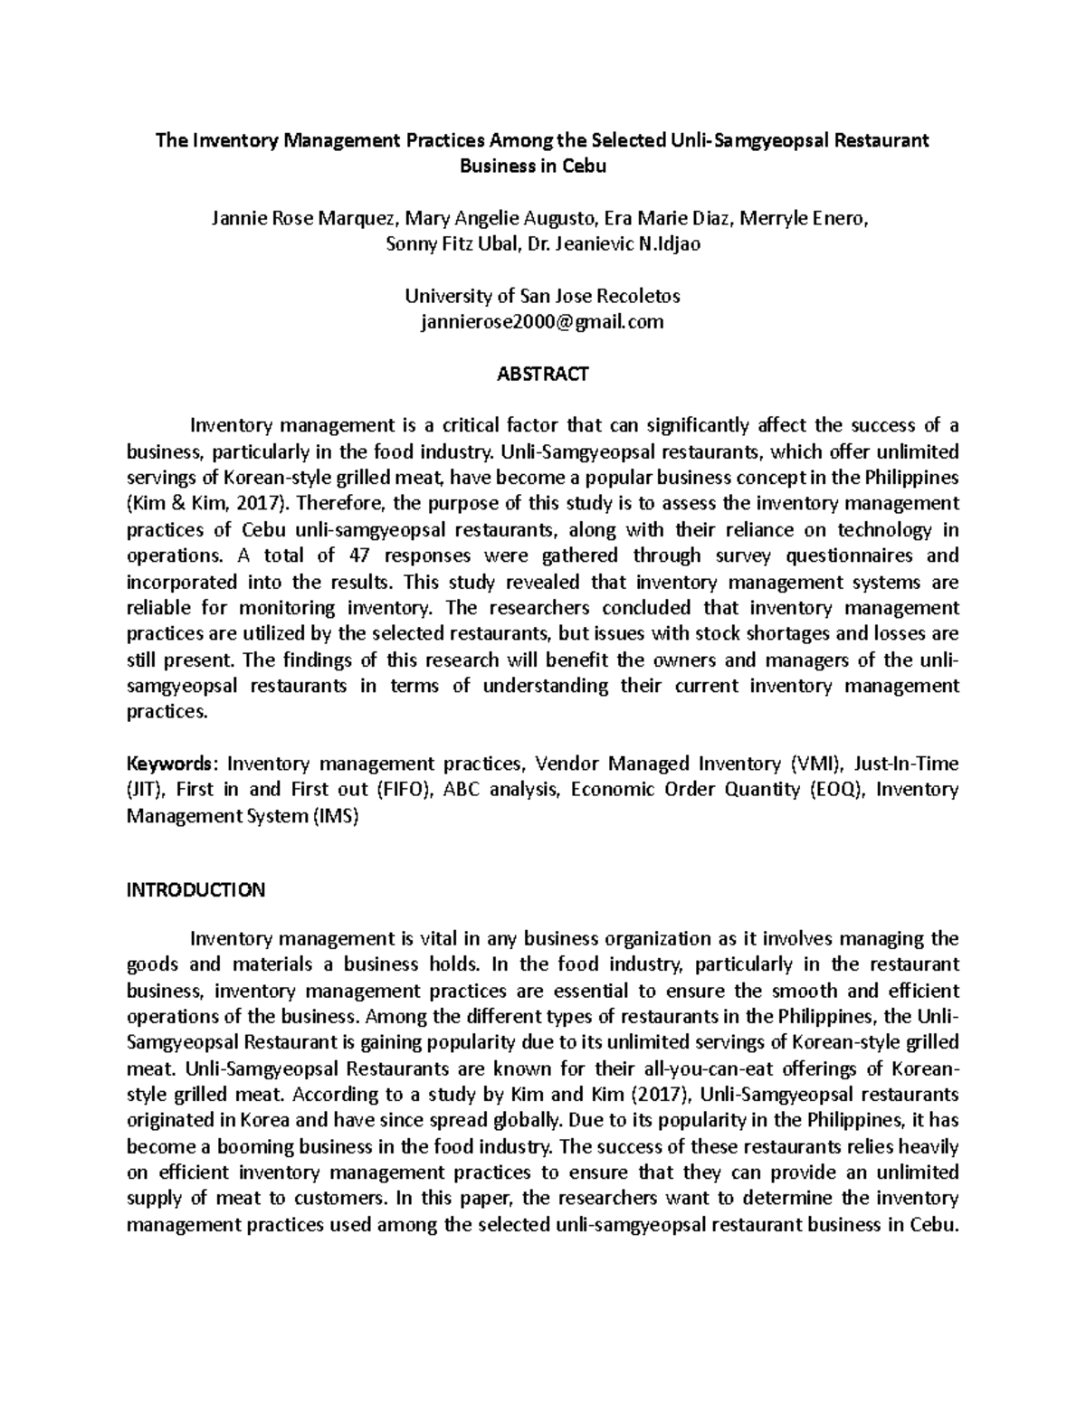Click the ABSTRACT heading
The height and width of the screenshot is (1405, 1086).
543,374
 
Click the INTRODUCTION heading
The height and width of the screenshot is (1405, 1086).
195,889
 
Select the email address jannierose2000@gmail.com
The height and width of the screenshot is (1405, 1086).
543,322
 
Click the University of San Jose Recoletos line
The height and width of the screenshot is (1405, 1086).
543,296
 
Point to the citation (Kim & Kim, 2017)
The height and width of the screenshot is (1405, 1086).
199,503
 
